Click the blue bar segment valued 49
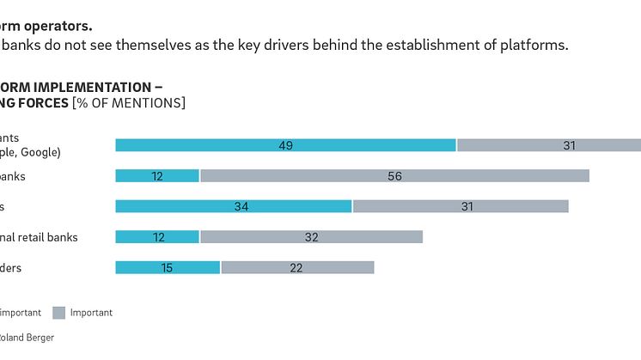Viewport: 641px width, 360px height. click(285, 145)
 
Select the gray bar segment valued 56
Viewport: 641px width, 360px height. click(394, 176)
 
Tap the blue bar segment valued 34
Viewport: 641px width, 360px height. click(234, 206)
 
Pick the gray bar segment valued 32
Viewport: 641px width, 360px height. click(311, 237)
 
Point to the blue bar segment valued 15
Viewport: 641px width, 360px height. click(168, 267)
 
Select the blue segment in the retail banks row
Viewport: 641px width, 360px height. click(157, 237)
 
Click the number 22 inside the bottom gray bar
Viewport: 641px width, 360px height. click(296, 267)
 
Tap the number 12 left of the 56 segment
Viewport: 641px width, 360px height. click(157, 176)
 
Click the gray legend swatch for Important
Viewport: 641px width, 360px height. click(59, 313)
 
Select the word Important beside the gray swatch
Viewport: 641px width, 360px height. click(91, 313)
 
